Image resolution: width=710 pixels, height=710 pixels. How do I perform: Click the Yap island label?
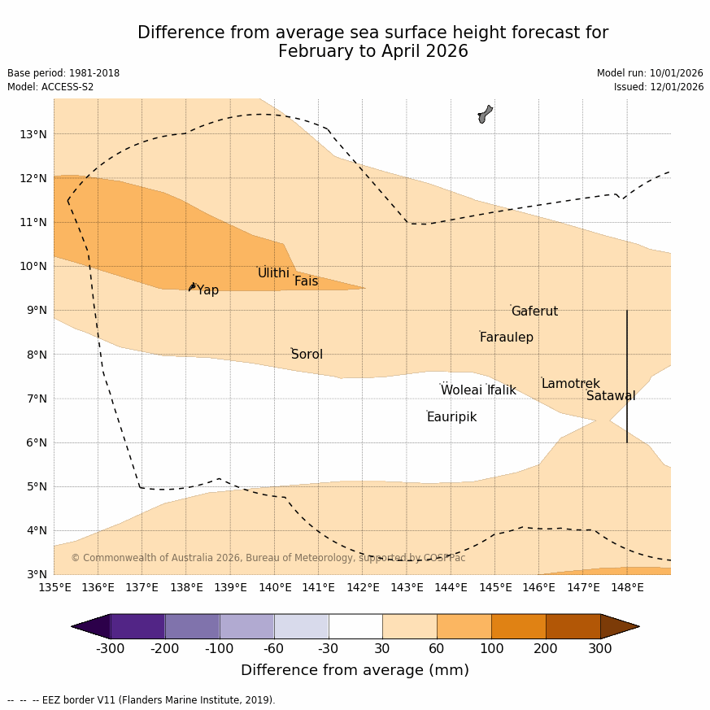coord(207,290)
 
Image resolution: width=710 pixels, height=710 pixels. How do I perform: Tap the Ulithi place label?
coord(273,273)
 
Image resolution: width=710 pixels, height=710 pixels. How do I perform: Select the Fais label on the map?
coord(306,281)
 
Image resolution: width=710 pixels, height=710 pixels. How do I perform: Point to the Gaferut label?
coord(534,311)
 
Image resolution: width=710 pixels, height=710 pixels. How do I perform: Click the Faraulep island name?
coord(506,338)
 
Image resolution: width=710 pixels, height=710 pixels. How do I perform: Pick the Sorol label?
coord(307,355)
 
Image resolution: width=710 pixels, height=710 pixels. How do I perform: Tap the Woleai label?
coord(461,390)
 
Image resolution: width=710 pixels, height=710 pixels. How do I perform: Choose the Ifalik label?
coord(501,390)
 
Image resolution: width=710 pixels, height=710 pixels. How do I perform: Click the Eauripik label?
coord(451,417)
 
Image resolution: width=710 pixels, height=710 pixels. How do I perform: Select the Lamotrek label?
coord(570,384)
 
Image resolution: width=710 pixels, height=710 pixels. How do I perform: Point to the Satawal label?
coord(611,396)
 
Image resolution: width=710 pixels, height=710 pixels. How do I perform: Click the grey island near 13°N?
coord(485,114)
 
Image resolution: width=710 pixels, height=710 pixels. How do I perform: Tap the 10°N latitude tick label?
coord(33,266)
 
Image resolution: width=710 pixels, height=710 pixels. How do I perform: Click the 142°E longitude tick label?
coord(363,587)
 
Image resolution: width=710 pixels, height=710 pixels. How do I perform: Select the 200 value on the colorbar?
coord(546,649)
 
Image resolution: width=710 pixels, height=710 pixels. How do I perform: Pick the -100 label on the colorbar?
coord(219,649)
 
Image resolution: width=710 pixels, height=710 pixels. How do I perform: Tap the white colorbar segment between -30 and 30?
coord(355,626)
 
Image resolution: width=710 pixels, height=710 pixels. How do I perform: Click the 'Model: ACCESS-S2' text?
coord(50,87)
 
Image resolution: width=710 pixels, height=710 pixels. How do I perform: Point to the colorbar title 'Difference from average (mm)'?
coord(355,671)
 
